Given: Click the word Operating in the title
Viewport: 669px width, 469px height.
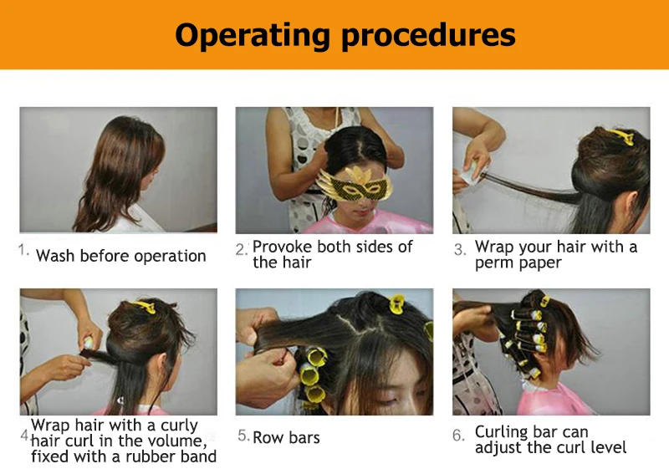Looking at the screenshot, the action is (x=253, y=35).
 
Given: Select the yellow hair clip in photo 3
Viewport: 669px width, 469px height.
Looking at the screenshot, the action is (x=620, y=136).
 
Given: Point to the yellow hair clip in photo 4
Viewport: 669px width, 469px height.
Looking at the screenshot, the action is (x=144, y=306).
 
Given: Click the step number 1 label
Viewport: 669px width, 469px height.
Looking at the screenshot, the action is (x=23, y=249).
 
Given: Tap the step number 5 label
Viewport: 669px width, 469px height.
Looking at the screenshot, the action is (x=243, y=436).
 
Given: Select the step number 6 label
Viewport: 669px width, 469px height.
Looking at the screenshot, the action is (x=458, y=436).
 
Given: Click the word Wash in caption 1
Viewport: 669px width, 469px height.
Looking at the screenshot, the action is (x=55, y=256).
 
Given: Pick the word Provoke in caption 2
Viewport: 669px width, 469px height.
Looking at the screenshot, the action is (x=282, y=247).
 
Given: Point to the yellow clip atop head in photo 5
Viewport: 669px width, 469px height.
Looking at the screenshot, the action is (x=396, y=303).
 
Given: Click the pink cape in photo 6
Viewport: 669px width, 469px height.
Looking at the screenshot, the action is (x=554, y=400).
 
